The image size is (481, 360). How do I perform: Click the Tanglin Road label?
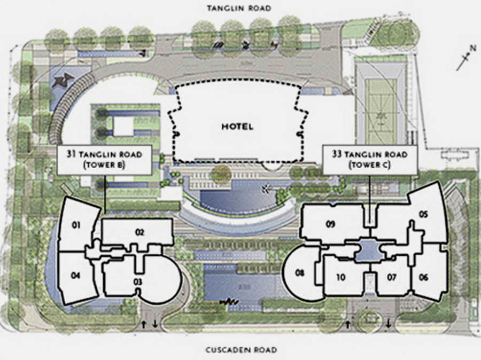pos(239,8)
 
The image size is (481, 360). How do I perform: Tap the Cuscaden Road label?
pos(241,349)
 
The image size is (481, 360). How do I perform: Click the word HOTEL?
pos(237,127)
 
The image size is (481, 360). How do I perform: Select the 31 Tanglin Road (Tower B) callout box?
pos(105,160)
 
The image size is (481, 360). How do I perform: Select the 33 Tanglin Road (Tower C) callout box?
pos(370,160)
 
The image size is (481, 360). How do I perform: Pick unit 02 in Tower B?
pos(137,232)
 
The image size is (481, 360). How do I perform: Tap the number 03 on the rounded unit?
pos(138,281)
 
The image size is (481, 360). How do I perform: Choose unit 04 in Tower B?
pos(76,277)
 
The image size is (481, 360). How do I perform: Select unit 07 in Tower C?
pos(392,278)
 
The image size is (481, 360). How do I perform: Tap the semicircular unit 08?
pos(300,272)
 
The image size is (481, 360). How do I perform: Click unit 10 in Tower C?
pos(341,278)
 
